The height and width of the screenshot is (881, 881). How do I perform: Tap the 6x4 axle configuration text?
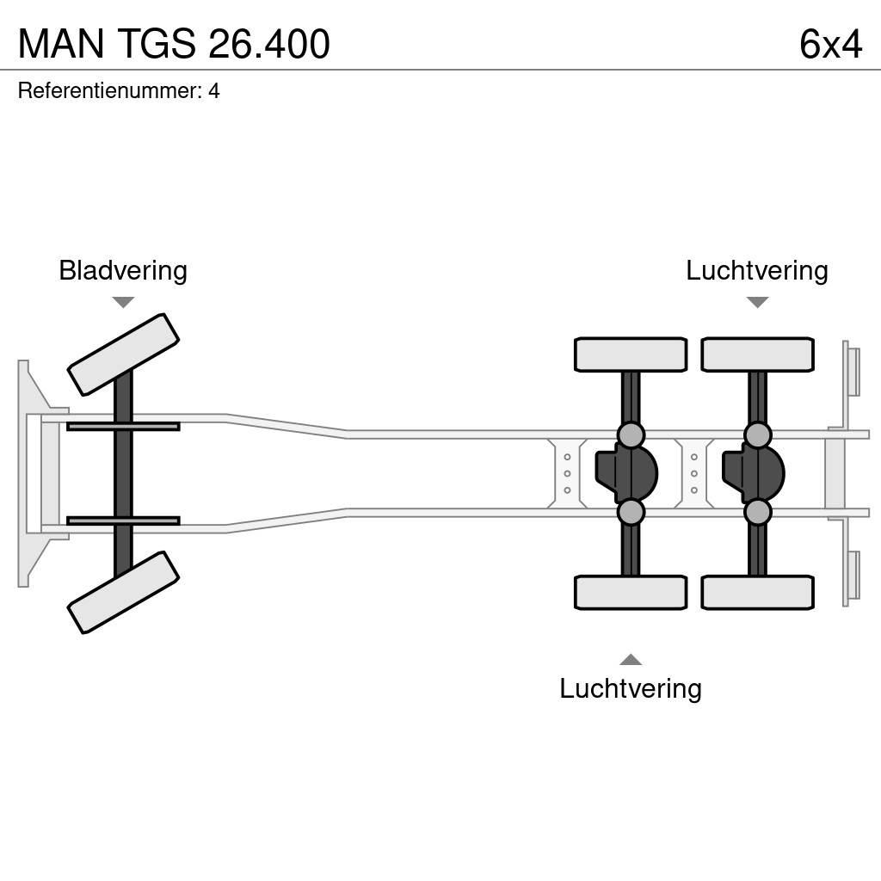(830, 44)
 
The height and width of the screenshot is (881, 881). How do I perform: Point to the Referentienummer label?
(109, 90)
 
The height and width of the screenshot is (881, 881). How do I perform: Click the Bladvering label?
(123, 270)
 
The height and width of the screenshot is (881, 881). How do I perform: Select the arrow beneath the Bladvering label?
(123, 302)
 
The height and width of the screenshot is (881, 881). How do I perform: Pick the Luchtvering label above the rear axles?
(756, 270)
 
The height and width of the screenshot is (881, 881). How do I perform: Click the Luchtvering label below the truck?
(631, 688)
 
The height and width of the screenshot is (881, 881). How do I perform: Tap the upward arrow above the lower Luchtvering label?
(631, 660)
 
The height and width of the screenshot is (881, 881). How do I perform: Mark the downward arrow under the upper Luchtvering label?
(757, 302)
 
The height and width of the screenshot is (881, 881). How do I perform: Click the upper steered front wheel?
(123, 354)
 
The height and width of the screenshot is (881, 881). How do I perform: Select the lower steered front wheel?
(123, 592)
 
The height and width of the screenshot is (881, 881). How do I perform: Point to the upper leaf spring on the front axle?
(123, 426)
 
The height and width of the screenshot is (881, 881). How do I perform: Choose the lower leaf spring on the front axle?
(123, 521)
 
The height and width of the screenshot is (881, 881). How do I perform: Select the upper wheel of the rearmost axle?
(757, 354)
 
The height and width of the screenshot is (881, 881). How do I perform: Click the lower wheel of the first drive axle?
(631, 592)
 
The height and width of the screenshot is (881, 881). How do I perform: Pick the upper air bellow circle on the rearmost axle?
(758, 434)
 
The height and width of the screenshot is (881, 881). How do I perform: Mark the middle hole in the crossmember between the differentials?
(694, 473)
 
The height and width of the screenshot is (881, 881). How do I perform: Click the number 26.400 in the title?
(269, 44)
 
